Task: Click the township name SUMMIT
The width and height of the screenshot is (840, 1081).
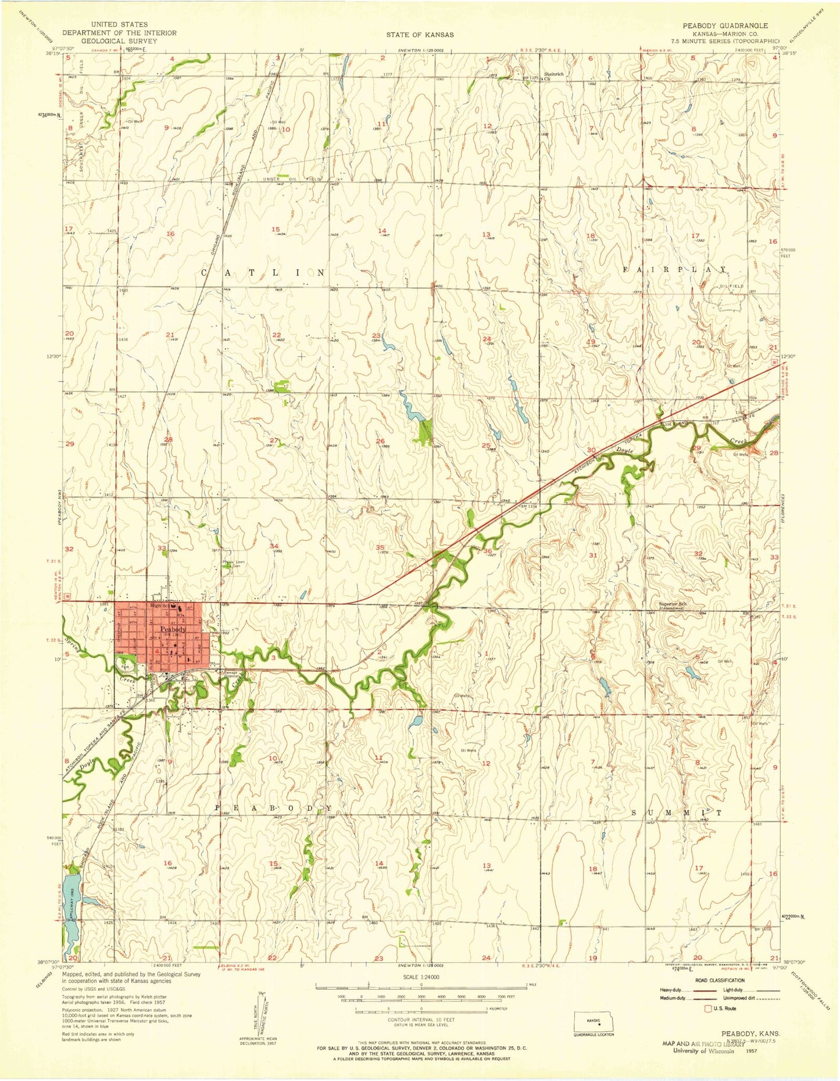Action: coord(677,812)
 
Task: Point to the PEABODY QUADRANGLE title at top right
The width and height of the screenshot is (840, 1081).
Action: coord(735,26)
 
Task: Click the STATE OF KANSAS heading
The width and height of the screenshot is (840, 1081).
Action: coord(420,35)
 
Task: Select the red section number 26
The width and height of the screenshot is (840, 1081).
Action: coord(381,441)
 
